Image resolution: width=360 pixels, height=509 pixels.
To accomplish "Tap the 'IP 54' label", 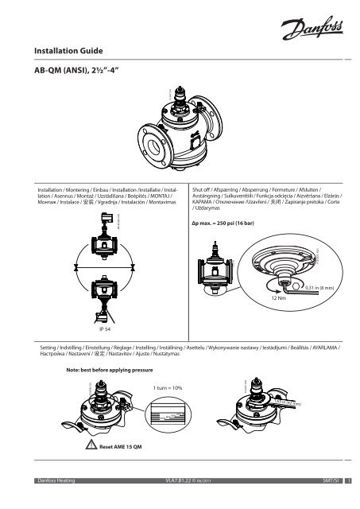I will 105,328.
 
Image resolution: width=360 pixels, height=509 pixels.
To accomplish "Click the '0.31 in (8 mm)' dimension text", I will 321,287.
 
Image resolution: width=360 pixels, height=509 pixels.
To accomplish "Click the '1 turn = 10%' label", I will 168,387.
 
